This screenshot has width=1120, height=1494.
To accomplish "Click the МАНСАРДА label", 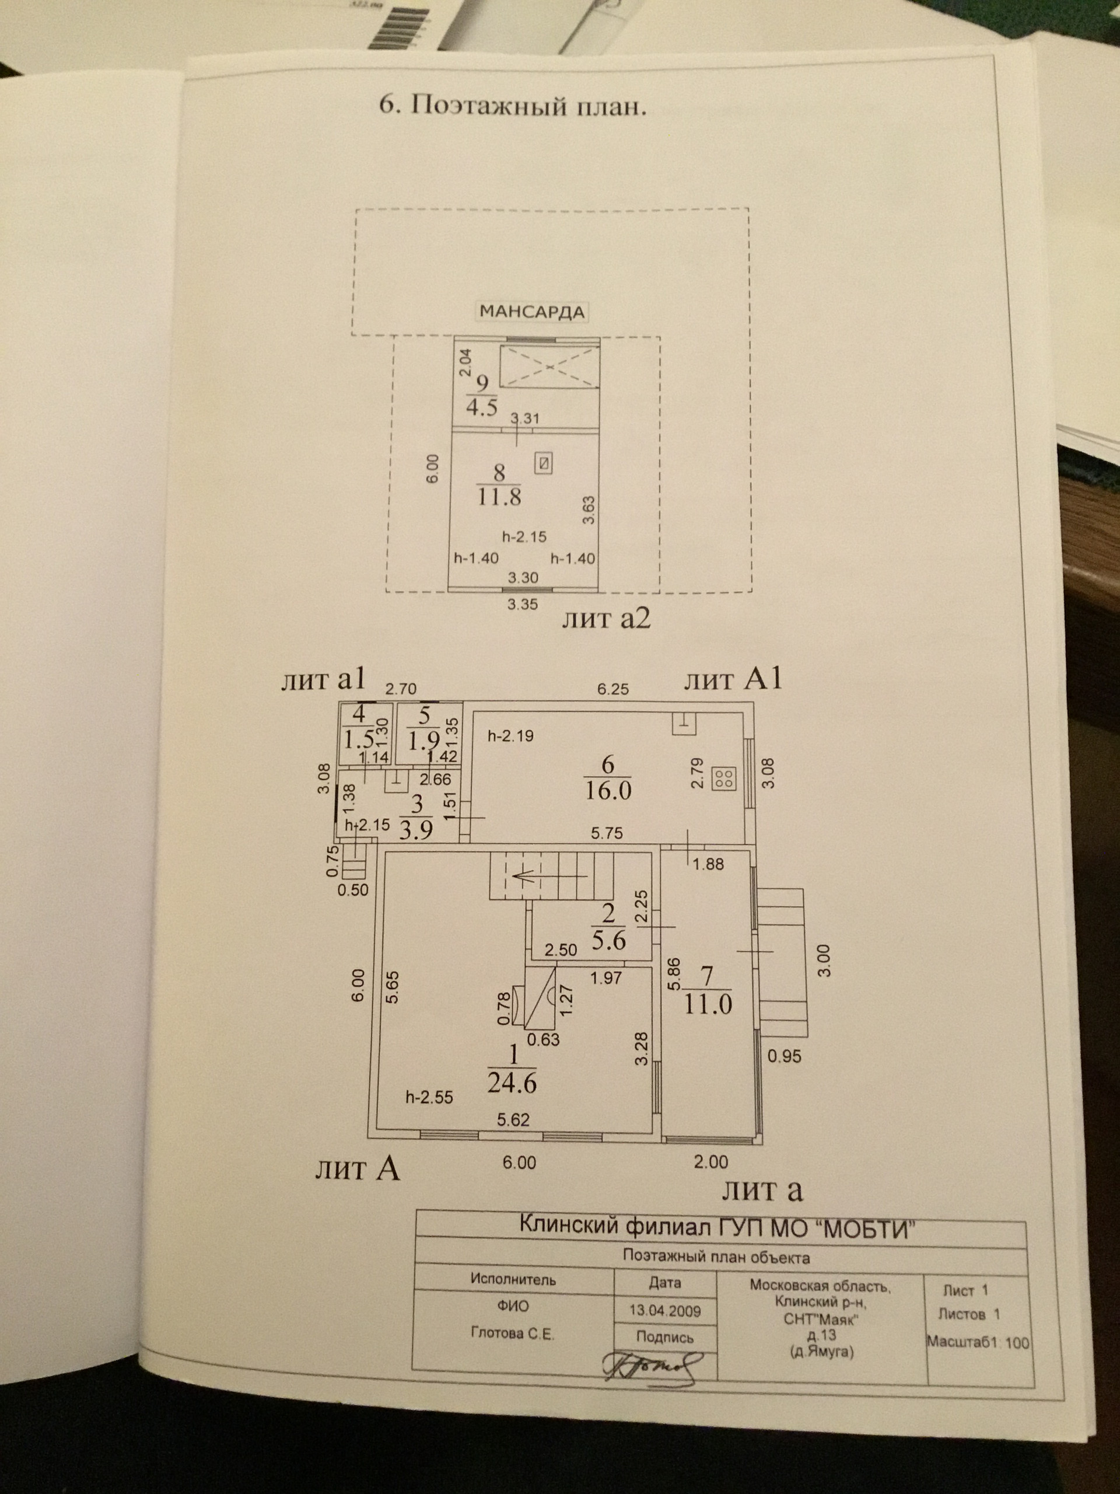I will pos(531,312).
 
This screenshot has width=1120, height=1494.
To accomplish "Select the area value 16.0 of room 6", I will pos(608,790).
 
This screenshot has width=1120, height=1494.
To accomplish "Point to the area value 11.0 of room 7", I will pos(707,1004).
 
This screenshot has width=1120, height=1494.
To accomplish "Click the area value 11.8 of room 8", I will pos(499,498).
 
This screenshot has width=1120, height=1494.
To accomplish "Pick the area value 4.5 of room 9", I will pos(481,407).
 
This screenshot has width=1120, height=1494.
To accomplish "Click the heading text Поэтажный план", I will pos(513,106).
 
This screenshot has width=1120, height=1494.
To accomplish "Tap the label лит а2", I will pos(606,618).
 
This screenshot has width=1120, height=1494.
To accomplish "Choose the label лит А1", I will pos(733,679).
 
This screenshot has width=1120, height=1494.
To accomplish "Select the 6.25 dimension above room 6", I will pos(612,689).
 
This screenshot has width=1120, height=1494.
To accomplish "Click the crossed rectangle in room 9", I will pos(549,366).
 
